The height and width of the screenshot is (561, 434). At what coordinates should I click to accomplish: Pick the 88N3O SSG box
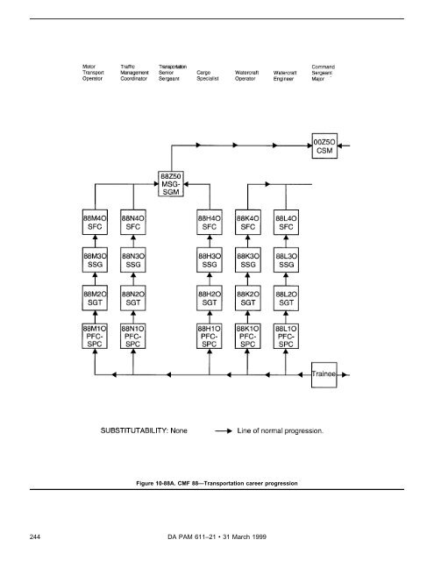(133, 261)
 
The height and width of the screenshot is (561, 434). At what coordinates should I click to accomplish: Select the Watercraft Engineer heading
(288, 75)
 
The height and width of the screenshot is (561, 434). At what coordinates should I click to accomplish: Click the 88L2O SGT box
(287, 299)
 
